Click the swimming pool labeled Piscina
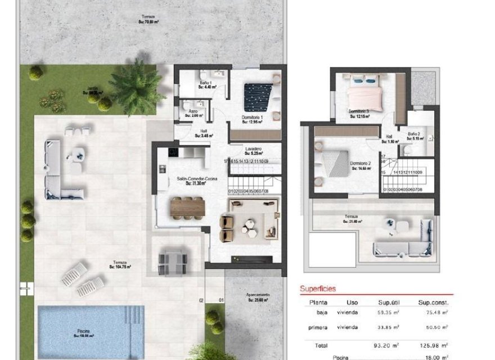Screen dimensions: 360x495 pos(90,332)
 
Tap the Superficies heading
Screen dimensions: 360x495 pos(318,289)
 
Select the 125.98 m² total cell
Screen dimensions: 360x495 pos(436,346)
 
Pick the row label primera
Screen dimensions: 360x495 pos(317,327)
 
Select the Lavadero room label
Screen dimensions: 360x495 pos(253,150)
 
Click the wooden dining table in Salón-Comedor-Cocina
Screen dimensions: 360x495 pos(187,207)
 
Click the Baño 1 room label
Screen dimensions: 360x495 pos(205,85)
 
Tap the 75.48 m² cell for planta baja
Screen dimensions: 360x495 pos(436,312)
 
